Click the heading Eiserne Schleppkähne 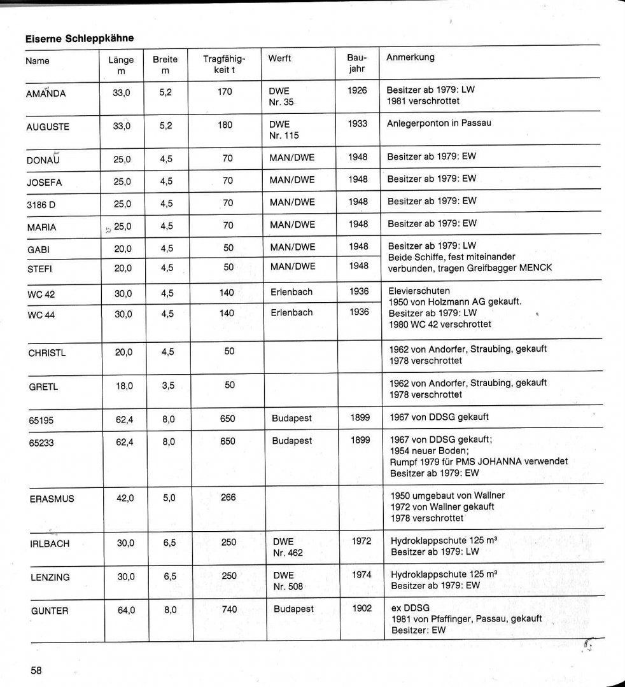point(80,38)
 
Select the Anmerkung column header point(411,57)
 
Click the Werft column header point(280,59)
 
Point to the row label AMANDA point(46,94)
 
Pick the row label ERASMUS point(52,499)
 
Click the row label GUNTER point(50,611)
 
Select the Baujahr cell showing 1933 point(358,124)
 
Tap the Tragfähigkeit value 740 point(229,609)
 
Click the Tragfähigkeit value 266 point(228,497)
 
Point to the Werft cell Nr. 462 point(288,553)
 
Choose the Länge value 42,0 point(125,498)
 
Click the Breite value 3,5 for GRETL point(168,385)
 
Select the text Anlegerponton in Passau point(439,123)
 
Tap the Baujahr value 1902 point(362,608)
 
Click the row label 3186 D point(42,205)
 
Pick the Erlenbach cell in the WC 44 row point(292,313)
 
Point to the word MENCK point(534,268)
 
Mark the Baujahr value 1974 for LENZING point(362,574)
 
